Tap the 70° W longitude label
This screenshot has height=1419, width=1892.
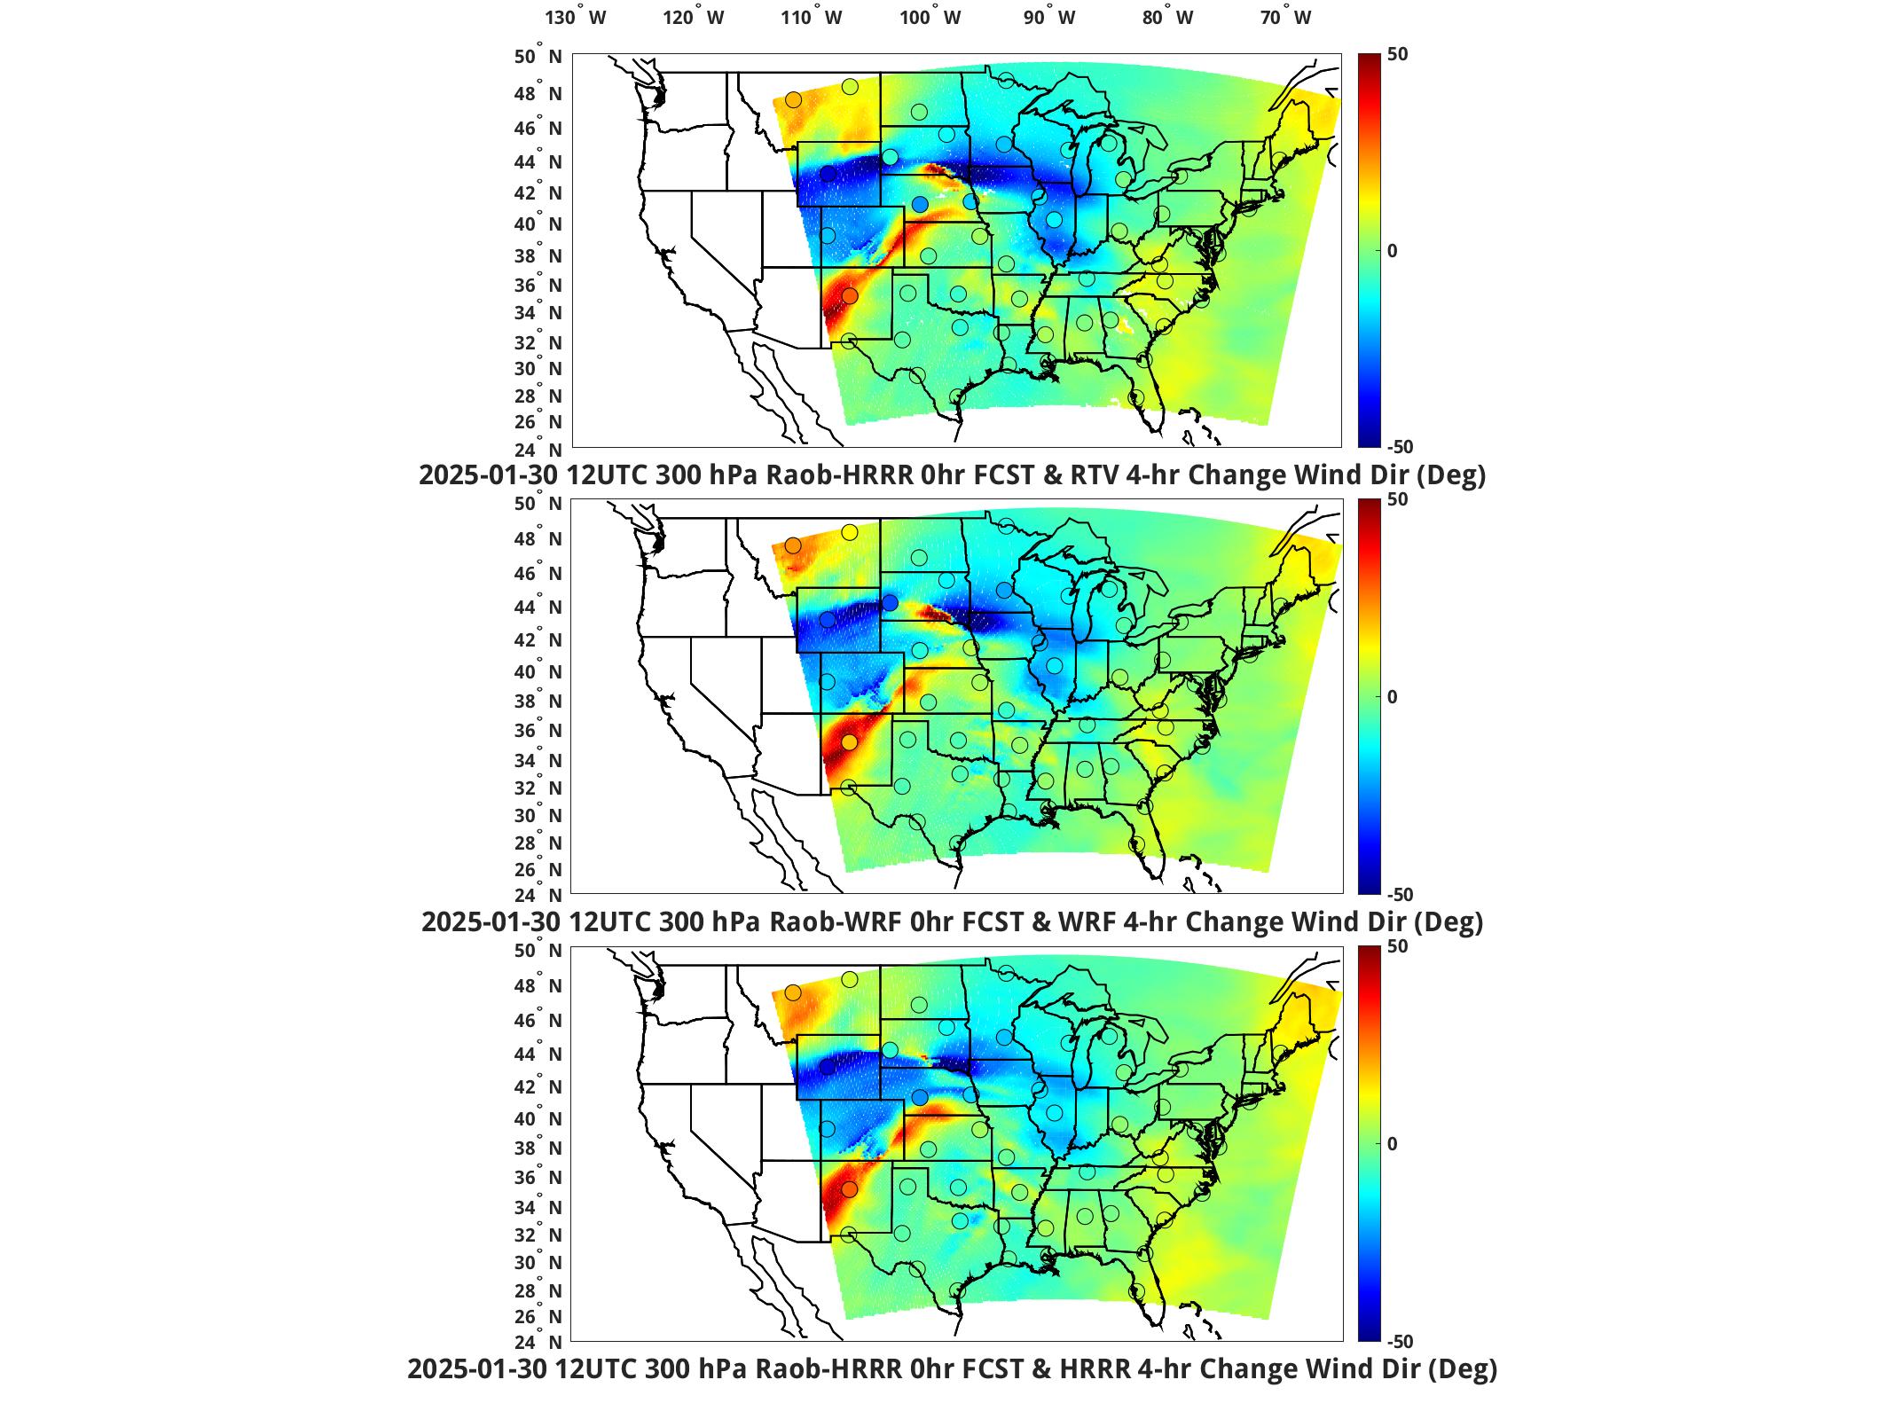(1285, 18)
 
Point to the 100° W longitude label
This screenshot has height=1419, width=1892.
(930, 18)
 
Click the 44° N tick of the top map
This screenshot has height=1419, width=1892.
(538, 162)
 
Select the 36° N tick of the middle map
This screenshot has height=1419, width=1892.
(538, 731)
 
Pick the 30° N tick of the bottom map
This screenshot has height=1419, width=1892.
(538, 1263)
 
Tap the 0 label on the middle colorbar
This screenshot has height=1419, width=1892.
(1393, 697)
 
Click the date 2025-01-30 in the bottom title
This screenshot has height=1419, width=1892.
(475, 1369)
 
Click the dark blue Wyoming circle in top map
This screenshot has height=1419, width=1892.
(828, 174)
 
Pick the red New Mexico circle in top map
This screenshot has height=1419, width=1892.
(850, 295)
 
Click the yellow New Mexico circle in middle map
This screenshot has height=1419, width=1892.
(850, 742)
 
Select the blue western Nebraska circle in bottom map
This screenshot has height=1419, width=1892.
(920, 1098)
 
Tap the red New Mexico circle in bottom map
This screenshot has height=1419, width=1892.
(850, 1189)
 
